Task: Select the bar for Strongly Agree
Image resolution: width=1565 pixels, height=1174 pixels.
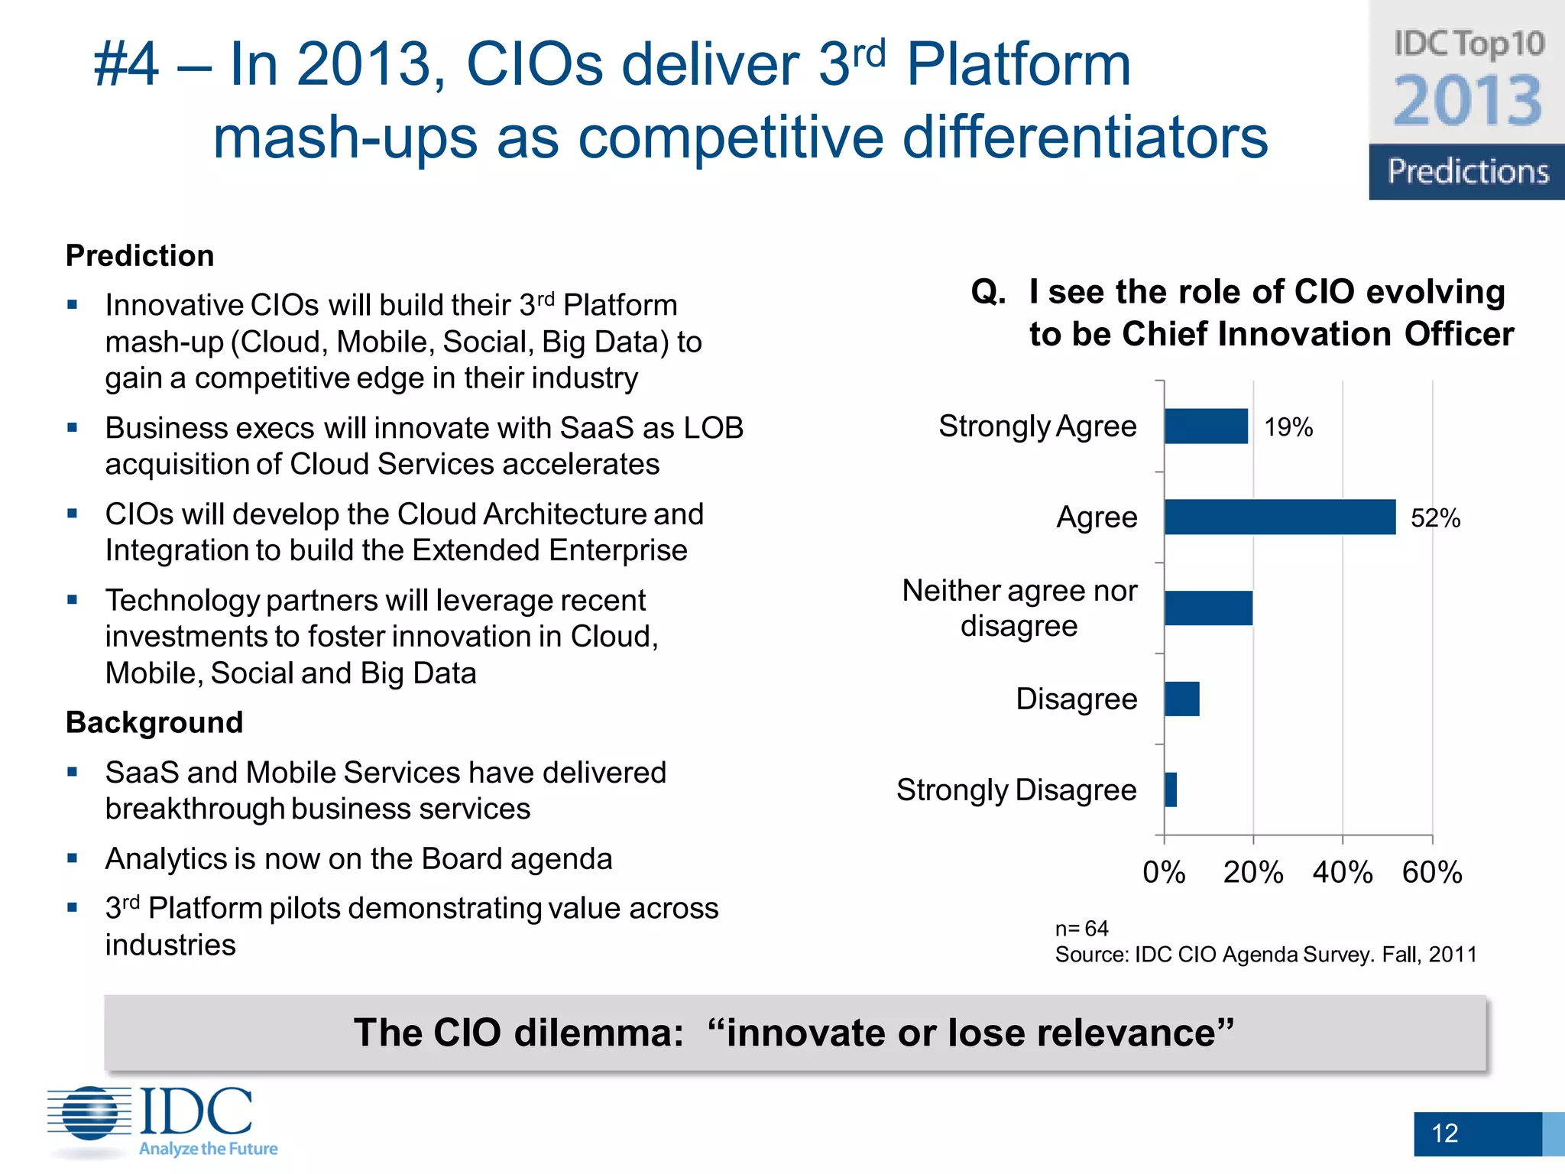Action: tap(1206, 426)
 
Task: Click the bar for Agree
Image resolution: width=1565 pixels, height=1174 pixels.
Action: tap(1280, 517)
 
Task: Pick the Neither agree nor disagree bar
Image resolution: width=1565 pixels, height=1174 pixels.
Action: tap(1208, 608)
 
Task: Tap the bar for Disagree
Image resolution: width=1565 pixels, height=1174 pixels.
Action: tap(1181, 699)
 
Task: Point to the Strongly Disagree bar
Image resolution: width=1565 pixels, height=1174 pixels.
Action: tap(1171, 790)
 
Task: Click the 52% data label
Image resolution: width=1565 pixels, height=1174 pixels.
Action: tap(1435, 519)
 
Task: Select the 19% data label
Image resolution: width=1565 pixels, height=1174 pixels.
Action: tap(1288, 427)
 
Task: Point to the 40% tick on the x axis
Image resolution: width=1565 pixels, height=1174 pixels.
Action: tap(1343, 872)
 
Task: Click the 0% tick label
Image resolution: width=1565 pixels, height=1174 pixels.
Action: tap(1164, 872)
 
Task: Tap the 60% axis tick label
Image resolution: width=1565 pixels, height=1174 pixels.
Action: tap(1432, 872)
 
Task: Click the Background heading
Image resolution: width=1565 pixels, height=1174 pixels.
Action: tap(154, 722)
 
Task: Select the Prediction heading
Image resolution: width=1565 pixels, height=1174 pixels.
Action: tap(140, 255)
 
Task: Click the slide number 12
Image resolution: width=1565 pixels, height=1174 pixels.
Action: tap(1444, 1133)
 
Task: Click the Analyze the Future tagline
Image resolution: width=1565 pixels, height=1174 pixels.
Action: tap(208, 1149)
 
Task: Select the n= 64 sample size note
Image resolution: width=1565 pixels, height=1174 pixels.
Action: tap(1081, 929)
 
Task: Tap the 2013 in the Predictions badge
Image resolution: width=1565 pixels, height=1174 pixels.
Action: tap(1468, 101)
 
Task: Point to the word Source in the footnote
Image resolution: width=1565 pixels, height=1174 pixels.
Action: tap(1090, 955)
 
